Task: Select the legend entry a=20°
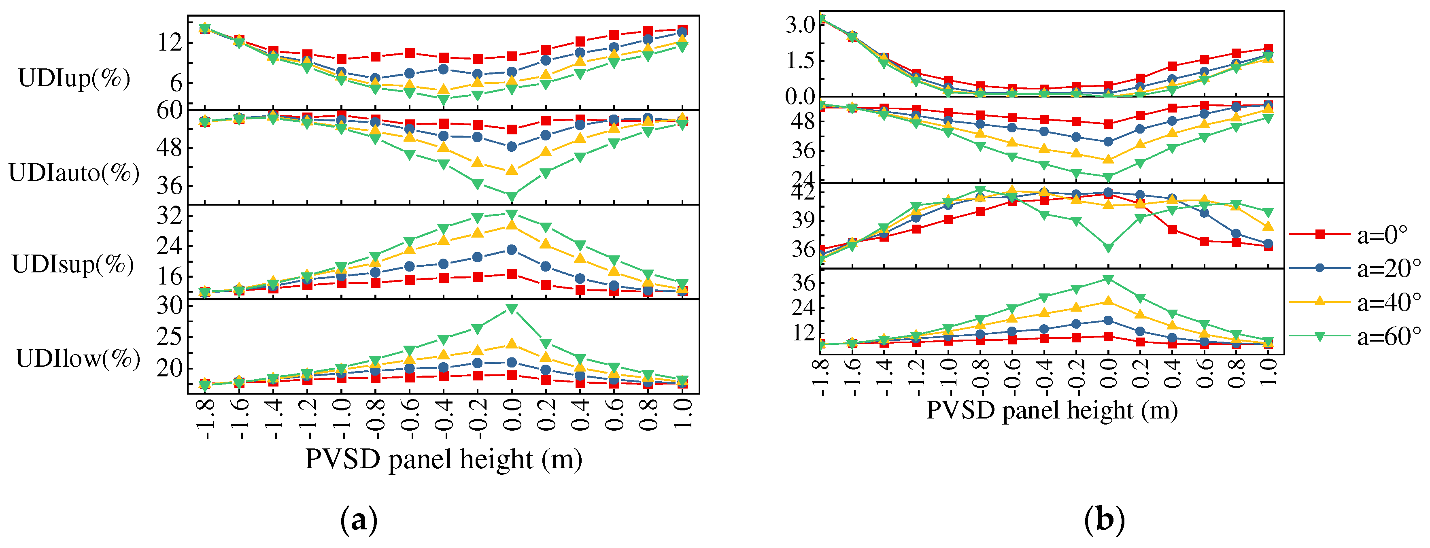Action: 1388,269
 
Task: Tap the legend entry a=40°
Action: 1388,303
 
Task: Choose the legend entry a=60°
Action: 1388,336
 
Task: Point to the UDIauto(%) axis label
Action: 74,173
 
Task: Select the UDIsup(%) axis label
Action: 73,264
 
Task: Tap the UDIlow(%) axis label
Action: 78,359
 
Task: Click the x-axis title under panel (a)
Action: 444,459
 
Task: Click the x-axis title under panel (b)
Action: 1052,410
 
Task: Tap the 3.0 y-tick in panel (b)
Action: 800,24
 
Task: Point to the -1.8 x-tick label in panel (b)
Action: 820,378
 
